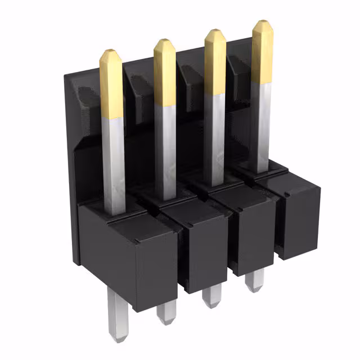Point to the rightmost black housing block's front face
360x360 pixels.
298,222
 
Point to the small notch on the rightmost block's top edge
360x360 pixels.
287,194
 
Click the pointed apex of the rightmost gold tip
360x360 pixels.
263,22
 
